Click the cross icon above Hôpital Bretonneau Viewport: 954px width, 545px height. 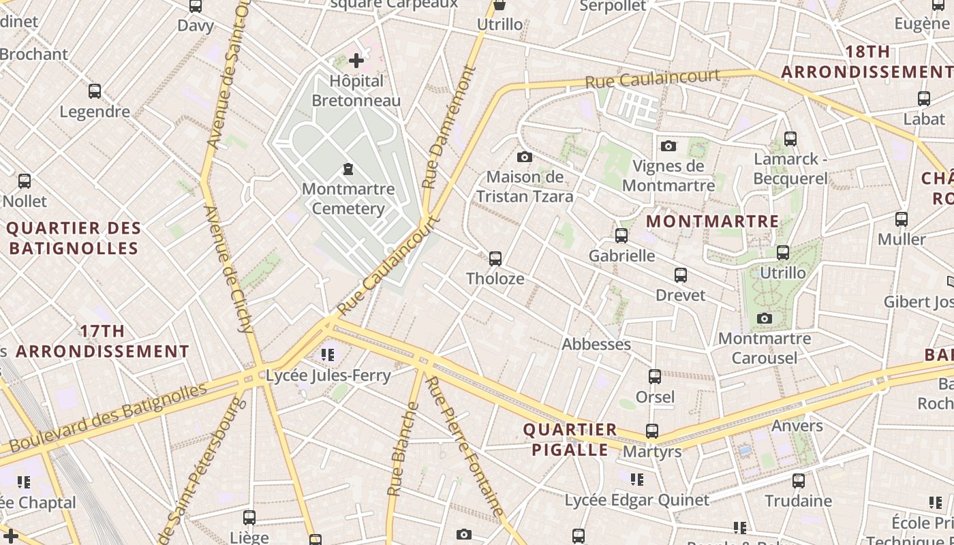pos(356,61)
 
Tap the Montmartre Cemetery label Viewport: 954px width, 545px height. pos(348,198)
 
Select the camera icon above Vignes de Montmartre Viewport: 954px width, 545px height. pos(668,146)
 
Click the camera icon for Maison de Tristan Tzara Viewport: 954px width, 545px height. pos(524,157)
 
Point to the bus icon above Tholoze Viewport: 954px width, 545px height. pos(495,259)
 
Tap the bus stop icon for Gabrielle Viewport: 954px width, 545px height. pos(621,236)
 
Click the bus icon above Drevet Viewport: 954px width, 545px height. pos(681,275)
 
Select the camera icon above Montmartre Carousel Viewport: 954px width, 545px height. pos(765,318)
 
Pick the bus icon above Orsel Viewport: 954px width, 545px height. pos(655,377)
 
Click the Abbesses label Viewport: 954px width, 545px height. pos(596,345)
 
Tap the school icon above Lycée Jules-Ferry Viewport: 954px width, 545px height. pos(328,355)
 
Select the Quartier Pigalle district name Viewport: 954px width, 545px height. pos(570,440)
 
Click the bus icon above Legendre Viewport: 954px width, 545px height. pos(95,91)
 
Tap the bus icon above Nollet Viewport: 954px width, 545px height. pos(25,181)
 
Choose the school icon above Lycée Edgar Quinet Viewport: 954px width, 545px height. pos(637,480)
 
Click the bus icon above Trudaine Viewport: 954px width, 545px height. pos(799,481)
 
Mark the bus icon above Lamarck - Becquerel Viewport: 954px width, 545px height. pos(790,139)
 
